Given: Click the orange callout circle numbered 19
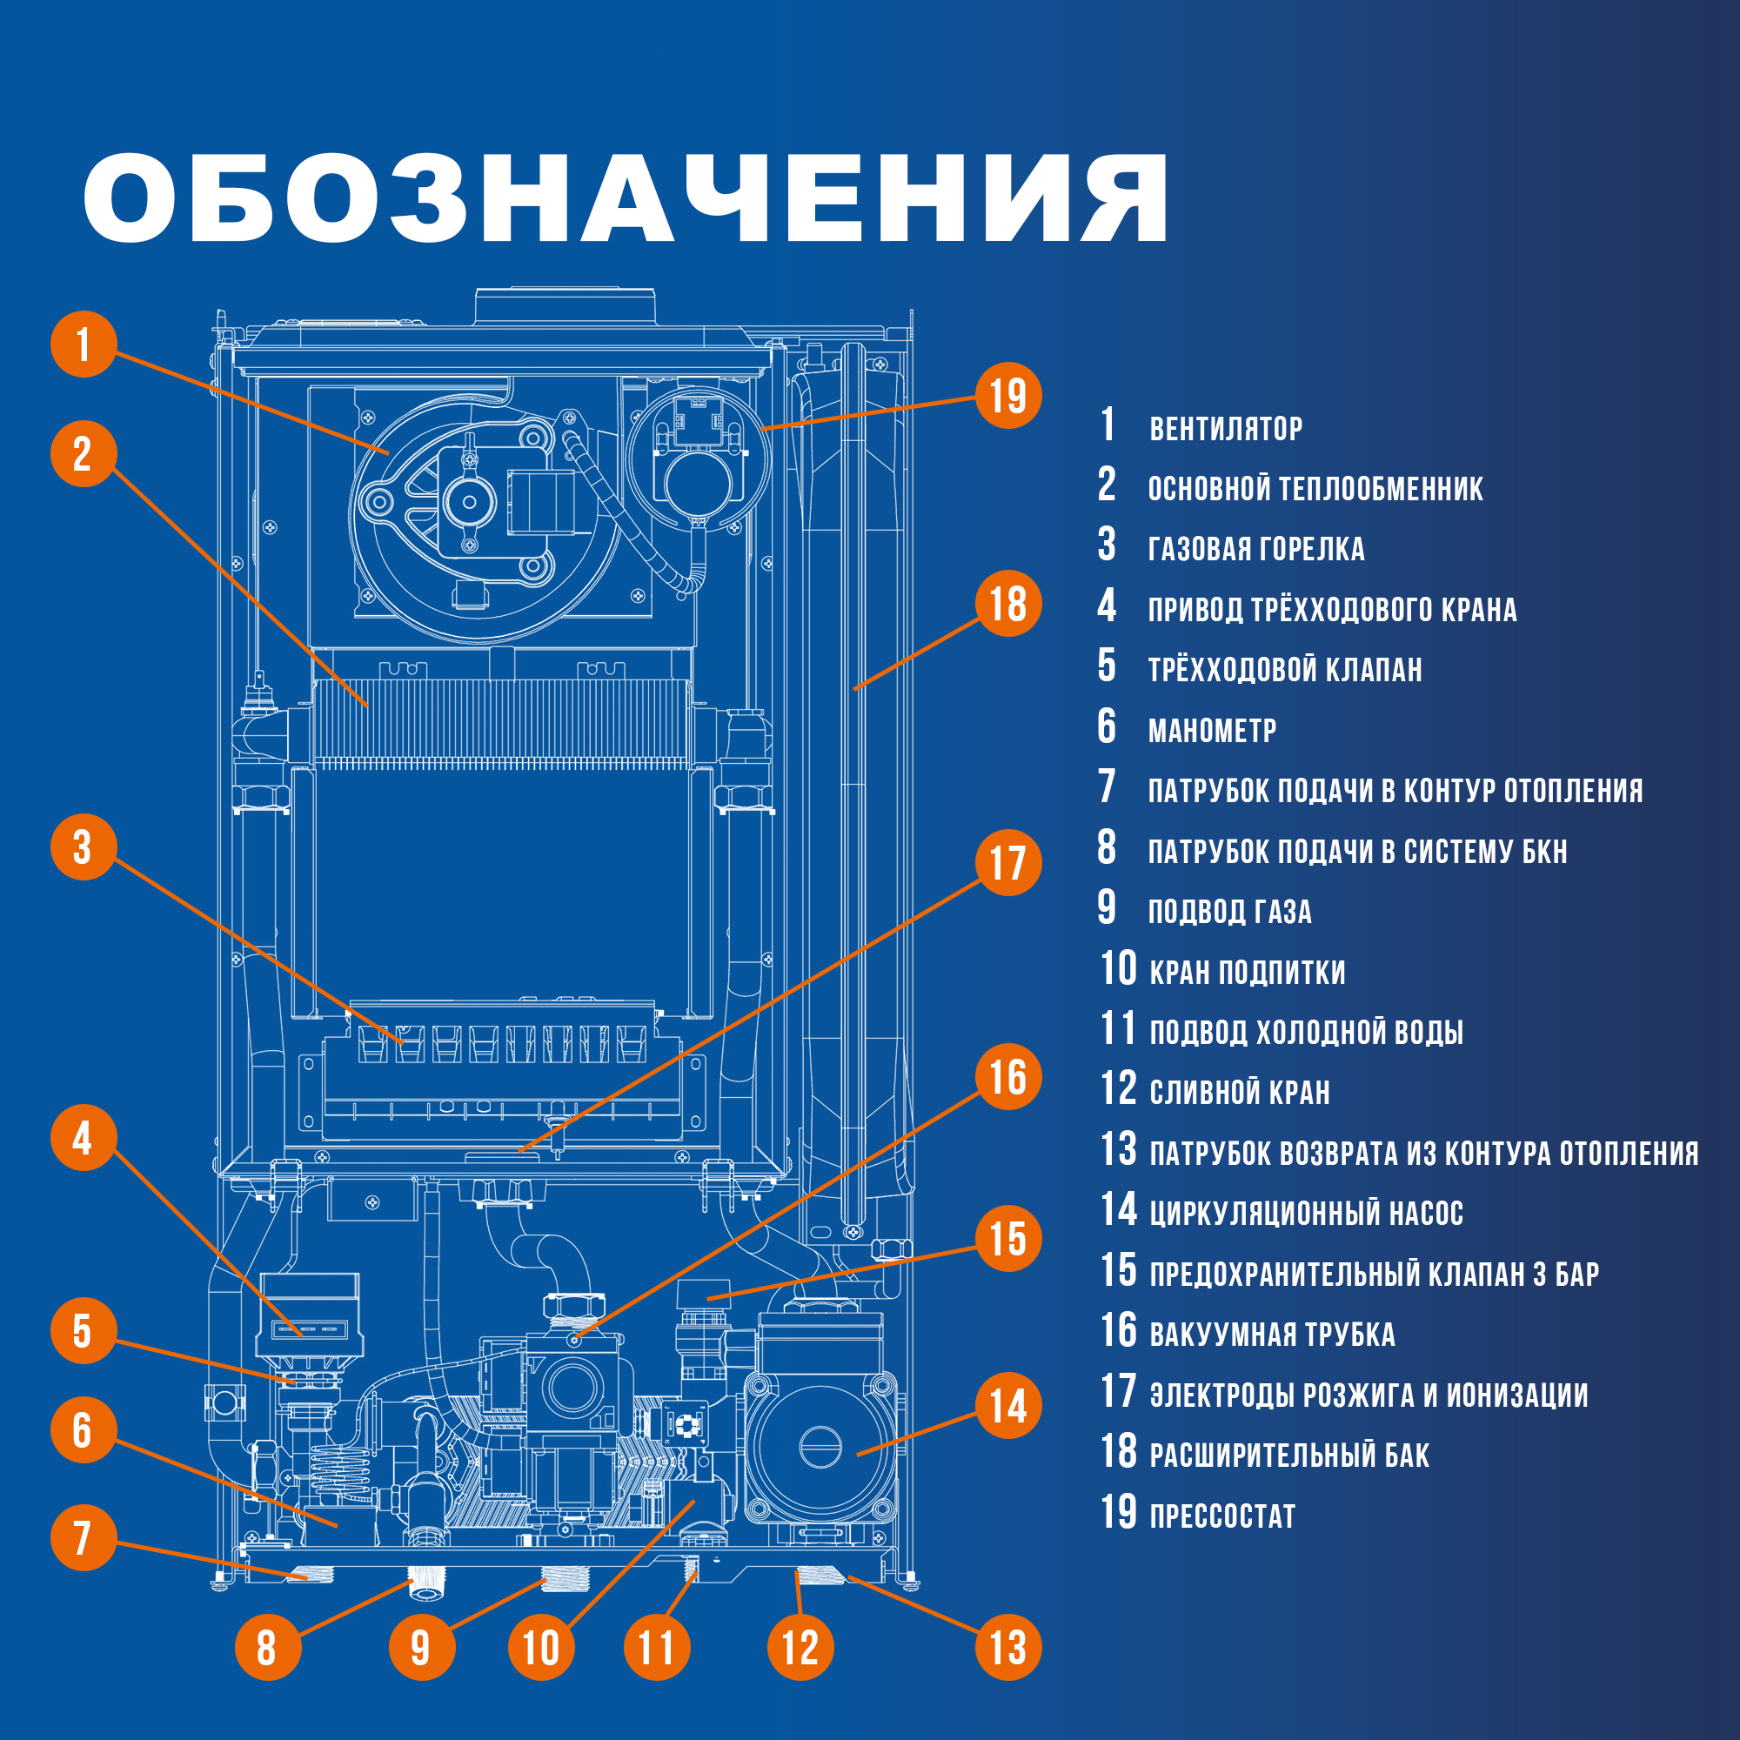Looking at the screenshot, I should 1007,395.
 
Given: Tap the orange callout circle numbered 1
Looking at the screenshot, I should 84,344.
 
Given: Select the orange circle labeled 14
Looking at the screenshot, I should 1007,1406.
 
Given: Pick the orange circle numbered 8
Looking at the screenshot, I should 266,1647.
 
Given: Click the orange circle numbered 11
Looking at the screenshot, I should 657,1647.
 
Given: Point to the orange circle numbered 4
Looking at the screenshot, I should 83,1137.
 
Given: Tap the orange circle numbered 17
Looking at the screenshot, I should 1007,862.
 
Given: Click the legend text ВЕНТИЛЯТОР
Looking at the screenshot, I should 1226,429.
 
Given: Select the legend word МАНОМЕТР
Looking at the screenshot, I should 1211,731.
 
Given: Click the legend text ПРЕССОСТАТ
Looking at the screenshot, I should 1222,1516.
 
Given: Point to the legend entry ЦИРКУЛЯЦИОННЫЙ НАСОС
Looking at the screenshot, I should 1306,1213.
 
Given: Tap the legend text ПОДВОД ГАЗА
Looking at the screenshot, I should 1229,912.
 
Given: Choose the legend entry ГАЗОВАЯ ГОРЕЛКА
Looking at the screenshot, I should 1255,548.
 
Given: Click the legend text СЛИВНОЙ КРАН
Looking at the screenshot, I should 1239,1093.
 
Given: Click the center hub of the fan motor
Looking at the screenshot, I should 468,503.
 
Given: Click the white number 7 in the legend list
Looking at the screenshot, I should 1107,786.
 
